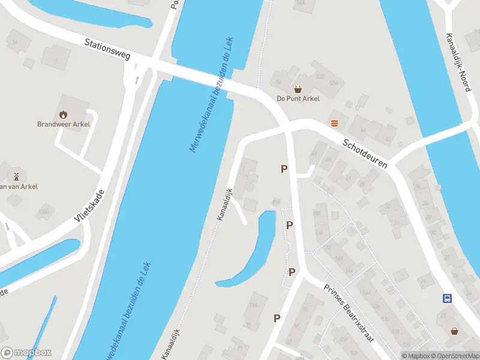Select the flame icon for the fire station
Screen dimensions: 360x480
pos(64,114)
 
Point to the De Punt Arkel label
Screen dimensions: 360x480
pos(298,98)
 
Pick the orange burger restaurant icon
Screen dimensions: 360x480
pos(334,123)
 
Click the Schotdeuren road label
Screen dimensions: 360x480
pos(365,154)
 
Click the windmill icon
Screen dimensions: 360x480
pos(17,176)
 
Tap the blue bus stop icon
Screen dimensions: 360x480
pos(447,298)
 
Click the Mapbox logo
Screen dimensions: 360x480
pos(27,353)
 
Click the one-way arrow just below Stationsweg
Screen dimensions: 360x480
pos(137,79)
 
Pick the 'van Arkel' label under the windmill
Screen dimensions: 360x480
pos(19,187)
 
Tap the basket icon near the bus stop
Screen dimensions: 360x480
pos(455,331)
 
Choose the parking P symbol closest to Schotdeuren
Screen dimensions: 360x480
pos(284,169)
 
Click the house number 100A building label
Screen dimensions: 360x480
pos(43,211)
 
